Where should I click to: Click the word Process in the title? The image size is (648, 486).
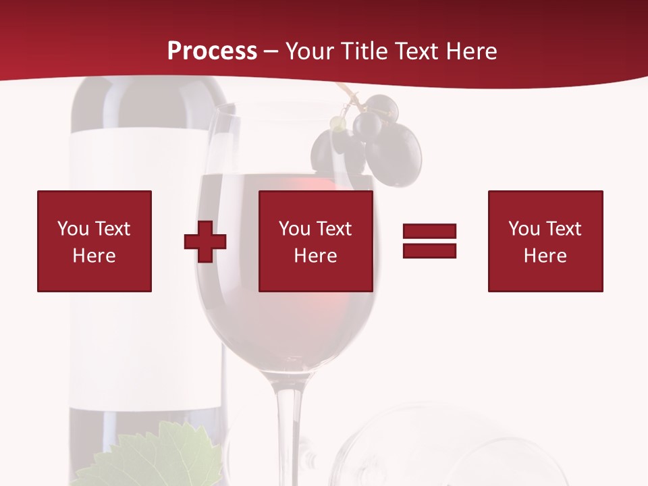coord(212,51)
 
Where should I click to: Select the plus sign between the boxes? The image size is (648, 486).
coord(205,242)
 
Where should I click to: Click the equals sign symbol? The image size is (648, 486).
coord(429,241)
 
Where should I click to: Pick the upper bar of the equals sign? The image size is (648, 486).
coord(429,232)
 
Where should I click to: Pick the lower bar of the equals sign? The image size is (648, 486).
coord(429,250)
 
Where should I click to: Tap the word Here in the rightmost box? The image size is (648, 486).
coord(545,256)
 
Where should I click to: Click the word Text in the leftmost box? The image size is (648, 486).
coord(113,229)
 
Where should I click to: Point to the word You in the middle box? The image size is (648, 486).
coord(294,229)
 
